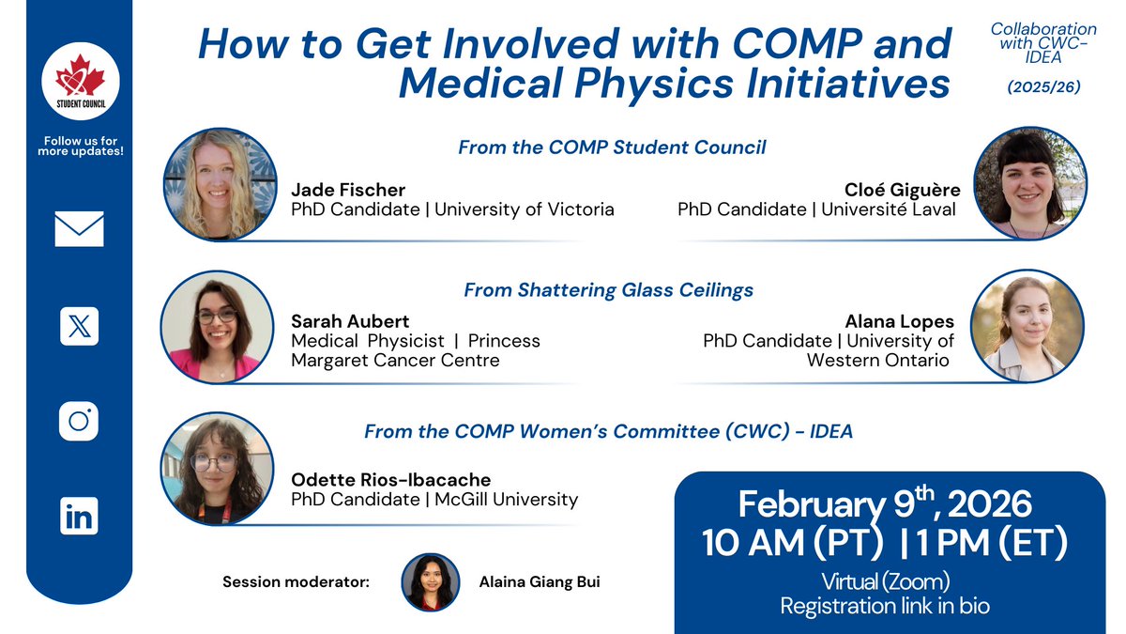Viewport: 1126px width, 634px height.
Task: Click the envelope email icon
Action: click(x=80, y=229)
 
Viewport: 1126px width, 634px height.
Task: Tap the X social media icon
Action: click(x=80, y=326)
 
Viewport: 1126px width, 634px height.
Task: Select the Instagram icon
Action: click(x=79, y=421)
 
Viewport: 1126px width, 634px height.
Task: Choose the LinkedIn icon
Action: click(x=80, y=516)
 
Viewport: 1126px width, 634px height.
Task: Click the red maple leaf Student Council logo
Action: click(x=81, y=81)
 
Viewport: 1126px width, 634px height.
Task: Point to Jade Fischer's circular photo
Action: click(x=221, y=184)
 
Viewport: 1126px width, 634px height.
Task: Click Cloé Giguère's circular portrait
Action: click(x=1030, y=184)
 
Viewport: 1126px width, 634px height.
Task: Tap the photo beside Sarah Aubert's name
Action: click(x=217, y=327)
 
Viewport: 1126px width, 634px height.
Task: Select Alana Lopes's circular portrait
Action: click(x=1027, y=326)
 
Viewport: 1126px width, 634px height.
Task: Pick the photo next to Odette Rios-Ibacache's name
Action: click(x=217, y=469)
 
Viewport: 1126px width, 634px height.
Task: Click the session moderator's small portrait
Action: click(x=431, y=582)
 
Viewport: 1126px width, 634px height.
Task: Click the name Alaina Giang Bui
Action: click(x=540, y=581)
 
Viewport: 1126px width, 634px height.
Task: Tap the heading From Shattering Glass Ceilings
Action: click(x=608, y=290)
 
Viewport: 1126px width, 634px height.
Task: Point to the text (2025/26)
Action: click(x=1043, y=87)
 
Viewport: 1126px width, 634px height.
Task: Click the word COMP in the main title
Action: click(x=798, y=44)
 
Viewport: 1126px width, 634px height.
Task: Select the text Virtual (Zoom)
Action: click(x=885, y=581)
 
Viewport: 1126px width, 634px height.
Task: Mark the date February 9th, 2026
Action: click(x=885, y=503)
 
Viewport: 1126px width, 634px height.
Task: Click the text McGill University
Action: click(x=506, y=500)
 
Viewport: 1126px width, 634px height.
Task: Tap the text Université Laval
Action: click(x=889, y=209)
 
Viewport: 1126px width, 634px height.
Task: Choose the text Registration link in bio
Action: click(x=885, y=606)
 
